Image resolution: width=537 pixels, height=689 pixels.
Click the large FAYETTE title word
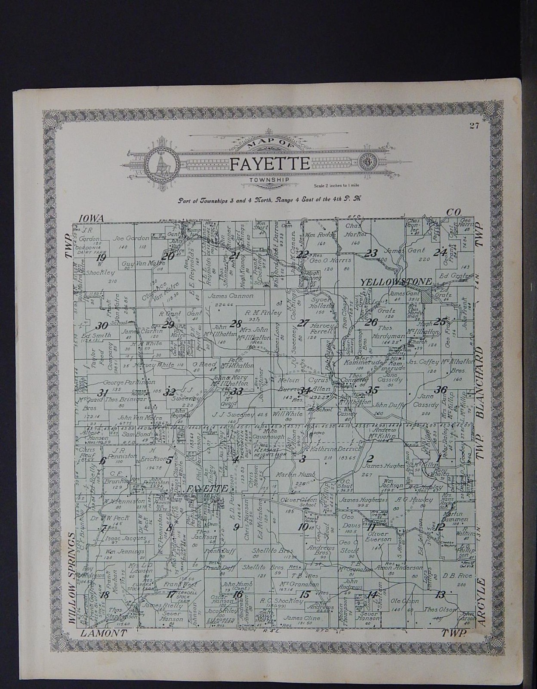pyautogui.click(x=270, y=164)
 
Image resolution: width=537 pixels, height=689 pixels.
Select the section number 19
pyautogui.click(x=102, y=258)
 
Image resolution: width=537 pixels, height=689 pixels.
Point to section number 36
pyautogui.click(x=440, y=390)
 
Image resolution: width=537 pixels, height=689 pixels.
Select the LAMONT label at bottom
pyautogui.click(x=103, y=633)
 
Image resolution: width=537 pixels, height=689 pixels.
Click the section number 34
pyautogui.click(x=305, y=391)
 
